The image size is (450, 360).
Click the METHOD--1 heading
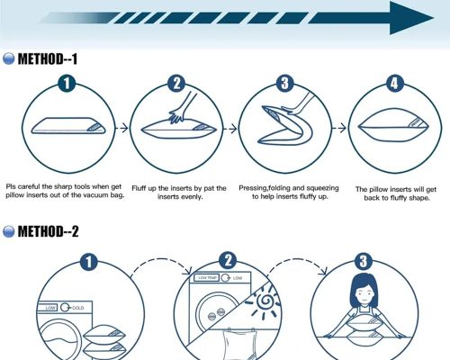coord(48,58)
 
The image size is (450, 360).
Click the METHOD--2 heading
coord(49,231)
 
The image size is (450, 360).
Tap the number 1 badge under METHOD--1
coord(67,83)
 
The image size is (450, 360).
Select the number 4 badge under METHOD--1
coord(394,83)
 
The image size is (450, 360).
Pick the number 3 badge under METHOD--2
coord(364,261)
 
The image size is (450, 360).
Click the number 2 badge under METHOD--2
coord(228,261)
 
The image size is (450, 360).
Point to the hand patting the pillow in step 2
coord(182,108)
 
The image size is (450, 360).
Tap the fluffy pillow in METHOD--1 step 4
coord(394,126)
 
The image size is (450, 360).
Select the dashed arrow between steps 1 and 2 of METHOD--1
coord(122,129)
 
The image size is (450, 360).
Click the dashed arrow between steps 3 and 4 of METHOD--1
coord(339,129)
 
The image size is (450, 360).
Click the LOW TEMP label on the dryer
coord(207,278)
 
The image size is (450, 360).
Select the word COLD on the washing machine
coord(77,308)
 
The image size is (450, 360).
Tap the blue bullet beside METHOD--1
coord(8,58)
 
